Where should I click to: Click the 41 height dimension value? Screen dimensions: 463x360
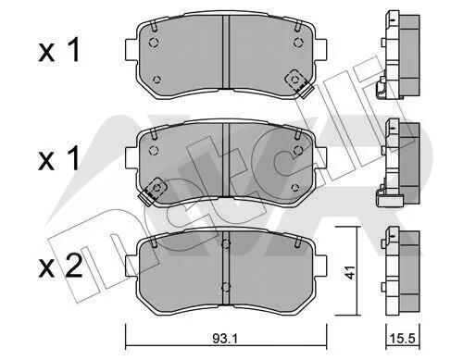point(350,272)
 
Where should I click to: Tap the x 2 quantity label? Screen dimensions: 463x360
point(60,266)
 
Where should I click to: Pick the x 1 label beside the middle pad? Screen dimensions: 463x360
point(59,158)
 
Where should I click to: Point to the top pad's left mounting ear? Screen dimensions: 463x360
point(131,49)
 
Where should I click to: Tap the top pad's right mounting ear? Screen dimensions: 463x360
point(320,49)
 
